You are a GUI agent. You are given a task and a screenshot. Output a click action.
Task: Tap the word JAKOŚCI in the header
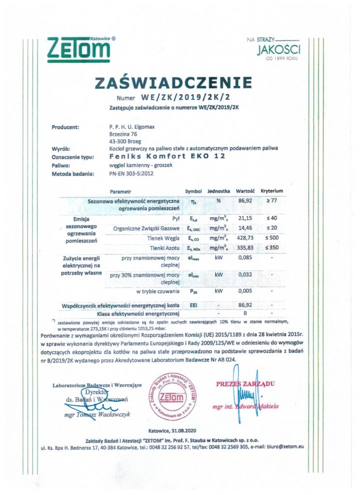point(279,49)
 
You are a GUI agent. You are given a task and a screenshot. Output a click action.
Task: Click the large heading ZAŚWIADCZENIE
point(180,83)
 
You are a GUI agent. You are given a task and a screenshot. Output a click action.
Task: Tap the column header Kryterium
point(272,191)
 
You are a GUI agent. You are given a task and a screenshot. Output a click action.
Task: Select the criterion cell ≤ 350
point(272,247)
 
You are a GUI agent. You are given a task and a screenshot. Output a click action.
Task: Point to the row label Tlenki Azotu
point(163,247)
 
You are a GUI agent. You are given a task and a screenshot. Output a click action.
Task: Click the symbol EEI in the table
point(191,306)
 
